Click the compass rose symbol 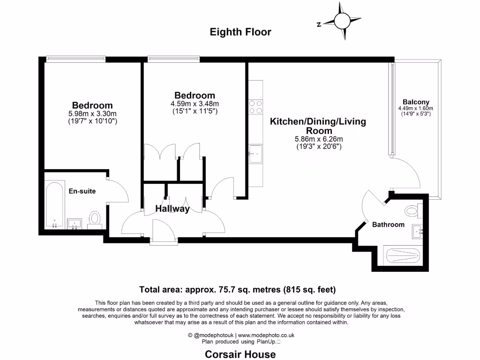coord(341,20)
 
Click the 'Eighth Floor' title coord(240,32)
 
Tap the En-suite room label coord(82,191)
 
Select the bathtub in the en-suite coord(54,204)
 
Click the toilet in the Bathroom coord(412,211)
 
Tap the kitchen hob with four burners coord(256,107)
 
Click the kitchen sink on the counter coord(256,153)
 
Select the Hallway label coord(172,209)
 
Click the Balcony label coord(416,102)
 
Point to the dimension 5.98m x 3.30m coord(92,113)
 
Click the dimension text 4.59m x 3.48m coord(195,104)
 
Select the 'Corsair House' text coord(240,354)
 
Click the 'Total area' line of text coord(237,289)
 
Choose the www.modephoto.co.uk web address coord(267,335)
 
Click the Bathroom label coord(388,225)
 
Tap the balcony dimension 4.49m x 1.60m coord(416,108)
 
